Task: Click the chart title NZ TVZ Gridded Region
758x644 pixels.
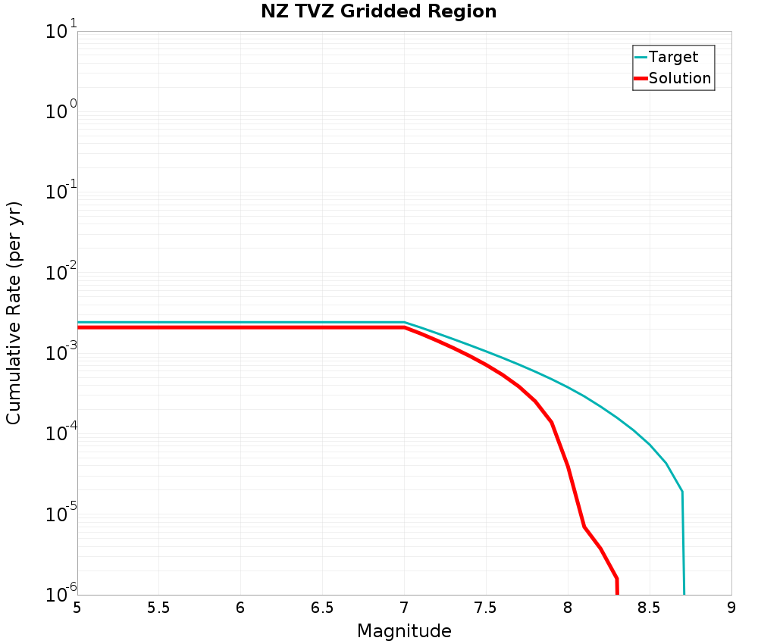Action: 379,12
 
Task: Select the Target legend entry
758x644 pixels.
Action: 673,57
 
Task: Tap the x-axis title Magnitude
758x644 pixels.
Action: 404,631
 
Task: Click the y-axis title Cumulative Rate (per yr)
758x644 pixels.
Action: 14,313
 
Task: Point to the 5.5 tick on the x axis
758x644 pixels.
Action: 158,608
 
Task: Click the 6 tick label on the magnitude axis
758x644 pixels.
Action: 240,608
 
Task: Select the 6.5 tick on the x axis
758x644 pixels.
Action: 322,608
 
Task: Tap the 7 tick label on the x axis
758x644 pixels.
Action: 404,608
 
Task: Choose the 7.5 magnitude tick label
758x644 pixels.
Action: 486,608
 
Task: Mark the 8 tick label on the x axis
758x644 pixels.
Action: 568,608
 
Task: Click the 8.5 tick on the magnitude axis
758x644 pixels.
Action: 650,608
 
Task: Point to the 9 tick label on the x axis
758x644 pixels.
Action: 731,608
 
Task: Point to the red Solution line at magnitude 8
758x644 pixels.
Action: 568,465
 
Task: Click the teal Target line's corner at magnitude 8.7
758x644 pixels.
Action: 682,492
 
